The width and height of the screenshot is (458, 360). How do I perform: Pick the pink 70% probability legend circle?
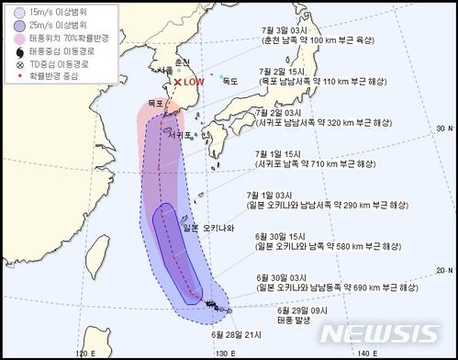tap(11, 35)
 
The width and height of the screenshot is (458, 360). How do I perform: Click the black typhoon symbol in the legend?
tap(11, 48)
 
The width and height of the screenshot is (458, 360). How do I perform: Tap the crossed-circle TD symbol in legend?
tap(11, 60)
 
